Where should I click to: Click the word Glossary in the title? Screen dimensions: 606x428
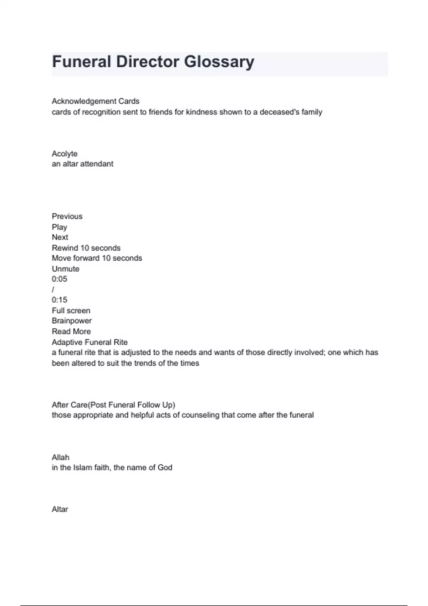(x=219, y=62)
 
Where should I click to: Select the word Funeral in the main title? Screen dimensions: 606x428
(x=82, y=62)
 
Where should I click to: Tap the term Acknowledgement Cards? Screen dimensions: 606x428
(x=96, y=101)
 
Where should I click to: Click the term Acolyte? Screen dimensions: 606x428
(x=65, y=154)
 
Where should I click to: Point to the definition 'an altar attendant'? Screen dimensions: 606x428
(x=82, y=164)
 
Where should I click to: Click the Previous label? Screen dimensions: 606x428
(x=67, y=216)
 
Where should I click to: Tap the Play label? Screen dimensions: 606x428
(x=60, y=227)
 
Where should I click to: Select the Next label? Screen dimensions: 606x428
(x=60, y=237)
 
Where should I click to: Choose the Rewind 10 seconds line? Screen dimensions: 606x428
(x=86, y=248)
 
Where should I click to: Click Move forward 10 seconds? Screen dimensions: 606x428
(x=97, y=258)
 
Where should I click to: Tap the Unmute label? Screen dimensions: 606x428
(x=66, y=269)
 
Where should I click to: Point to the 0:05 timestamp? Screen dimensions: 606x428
(x=60, y=279)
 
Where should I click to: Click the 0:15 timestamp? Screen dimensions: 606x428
(x=60, y=300)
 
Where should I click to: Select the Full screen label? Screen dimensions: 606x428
(x=71, y=310)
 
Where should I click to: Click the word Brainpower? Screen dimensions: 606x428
(x=72, y=321)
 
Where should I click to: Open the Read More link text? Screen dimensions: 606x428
(x=71, y=332)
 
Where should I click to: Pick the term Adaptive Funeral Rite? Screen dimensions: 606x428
(x=90, y=342)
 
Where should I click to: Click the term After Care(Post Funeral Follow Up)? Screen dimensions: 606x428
(x=113, y=405)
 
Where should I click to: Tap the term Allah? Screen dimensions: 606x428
(x=61, y=457)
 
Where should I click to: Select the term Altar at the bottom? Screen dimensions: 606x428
(x=60, y=509)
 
